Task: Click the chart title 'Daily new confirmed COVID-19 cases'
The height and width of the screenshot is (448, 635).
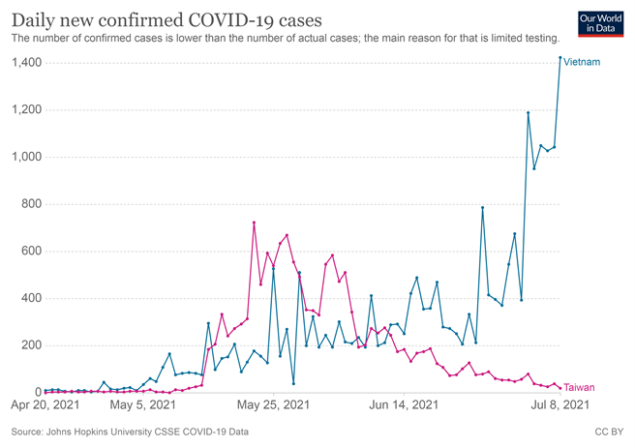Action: pos(166,18)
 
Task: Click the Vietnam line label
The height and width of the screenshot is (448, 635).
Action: pos(582,63)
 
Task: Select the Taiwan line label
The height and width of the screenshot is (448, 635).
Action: pos(579,387)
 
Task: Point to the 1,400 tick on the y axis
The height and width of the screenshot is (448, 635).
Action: pos(26,63)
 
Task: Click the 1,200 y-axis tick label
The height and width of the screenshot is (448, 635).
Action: pos(26,110)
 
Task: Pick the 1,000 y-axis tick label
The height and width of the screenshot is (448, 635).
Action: pos(26,157)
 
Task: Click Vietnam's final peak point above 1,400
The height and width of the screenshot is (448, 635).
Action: pos(560,58)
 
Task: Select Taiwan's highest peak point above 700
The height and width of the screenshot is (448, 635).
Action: pos(254,223)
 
